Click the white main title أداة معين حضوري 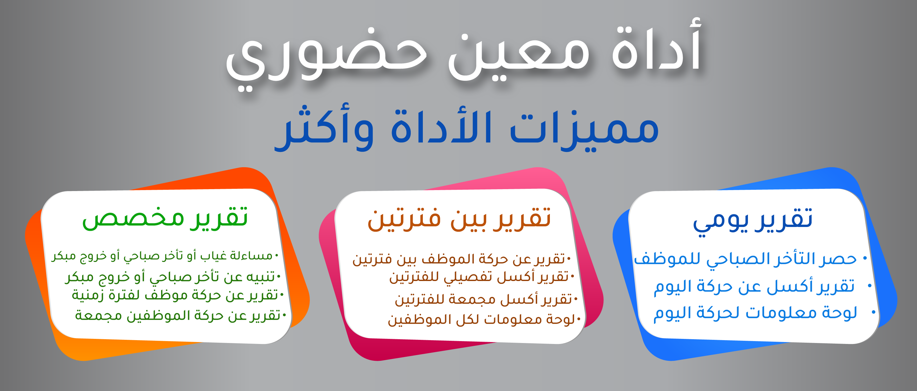pyautogui.click(x=464, y=53)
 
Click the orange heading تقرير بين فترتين pyautogui.click(x=459, y=219)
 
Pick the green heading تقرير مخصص pyautogui.click(x=165, y=217)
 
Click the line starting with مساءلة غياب pyautogui.click(x=162, y=256)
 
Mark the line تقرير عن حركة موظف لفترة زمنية pyautogui.click(x=175, y=295)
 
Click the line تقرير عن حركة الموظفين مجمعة pyautogui.click(x=178, y=315)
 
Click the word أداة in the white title pyautogui.click(x=657, y=45)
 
